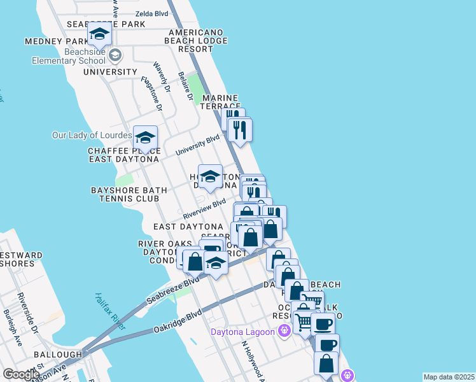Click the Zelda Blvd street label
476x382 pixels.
click(151, 13)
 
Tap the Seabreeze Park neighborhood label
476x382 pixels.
click(106, 24)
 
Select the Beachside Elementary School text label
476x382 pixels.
click(69, 57)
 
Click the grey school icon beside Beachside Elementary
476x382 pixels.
click(115, 55)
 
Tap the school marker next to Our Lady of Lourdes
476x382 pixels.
click(145, 138)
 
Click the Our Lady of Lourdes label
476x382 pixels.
click(92, 136)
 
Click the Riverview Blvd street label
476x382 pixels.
click(204, 209)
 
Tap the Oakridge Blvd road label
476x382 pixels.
click(178, 322)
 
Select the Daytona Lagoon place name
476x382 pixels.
click(242, 331)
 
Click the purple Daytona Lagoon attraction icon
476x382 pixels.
click(284, 330)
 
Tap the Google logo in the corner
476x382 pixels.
click(20, 374)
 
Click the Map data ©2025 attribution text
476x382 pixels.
click(449, 377)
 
